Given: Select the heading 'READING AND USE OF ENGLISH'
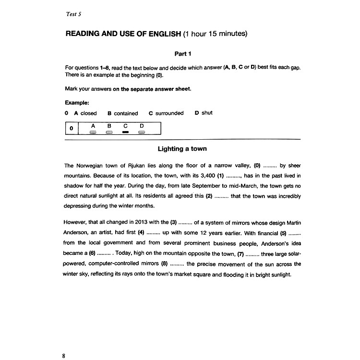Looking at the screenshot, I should coord(123,34).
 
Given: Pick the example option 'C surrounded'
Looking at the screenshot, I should coord(166,113).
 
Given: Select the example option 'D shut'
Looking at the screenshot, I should coord(204,113).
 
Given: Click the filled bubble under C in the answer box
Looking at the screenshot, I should coord(125,131).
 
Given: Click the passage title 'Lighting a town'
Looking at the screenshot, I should coord(182,149).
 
